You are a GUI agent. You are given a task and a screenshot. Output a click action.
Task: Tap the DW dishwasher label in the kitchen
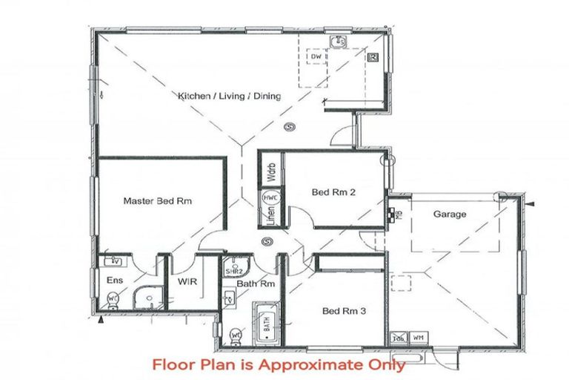pyautogui.click(x=315, y=56)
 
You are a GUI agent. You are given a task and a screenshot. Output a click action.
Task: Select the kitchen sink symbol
pyautogui.click(x=340, y=42)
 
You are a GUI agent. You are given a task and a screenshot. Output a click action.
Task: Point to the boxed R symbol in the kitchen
pyautogui.click(x=373, y=56)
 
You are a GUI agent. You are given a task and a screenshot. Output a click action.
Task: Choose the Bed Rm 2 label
pyautogui.click(x=333, y=192)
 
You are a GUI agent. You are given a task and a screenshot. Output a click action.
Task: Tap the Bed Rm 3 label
pyautogui.click(x=344, y=311)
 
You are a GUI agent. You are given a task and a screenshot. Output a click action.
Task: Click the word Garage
pyautogui.click(x=450, y=214)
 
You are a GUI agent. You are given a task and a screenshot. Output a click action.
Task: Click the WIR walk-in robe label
pyautogui.click(x=186, y=282)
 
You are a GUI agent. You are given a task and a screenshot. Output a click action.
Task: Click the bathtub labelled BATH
pyautogui.click(x=266, y=325)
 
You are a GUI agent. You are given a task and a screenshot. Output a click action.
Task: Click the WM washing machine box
pyautogui.click(x=417, y=336)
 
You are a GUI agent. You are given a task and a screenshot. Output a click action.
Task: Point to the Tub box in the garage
pyautogui.click(x=398, y=336)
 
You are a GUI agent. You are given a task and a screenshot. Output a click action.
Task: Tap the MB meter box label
pyautogui.click(x=391, y=212)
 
